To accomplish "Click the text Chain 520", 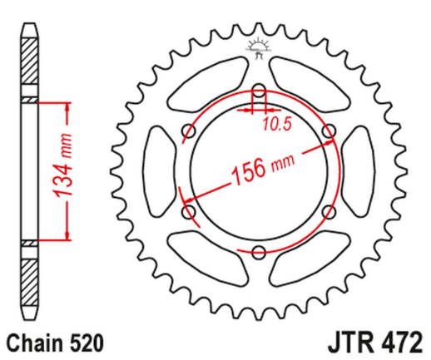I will click(x=52, y=341).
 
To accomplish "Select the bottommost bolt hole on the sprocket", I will click(x=259, y=254).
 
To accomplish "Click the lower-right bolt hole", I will click(x=329, y=213).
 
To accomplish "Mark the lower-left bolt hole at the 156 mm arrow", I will click(x=188, y=213).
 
